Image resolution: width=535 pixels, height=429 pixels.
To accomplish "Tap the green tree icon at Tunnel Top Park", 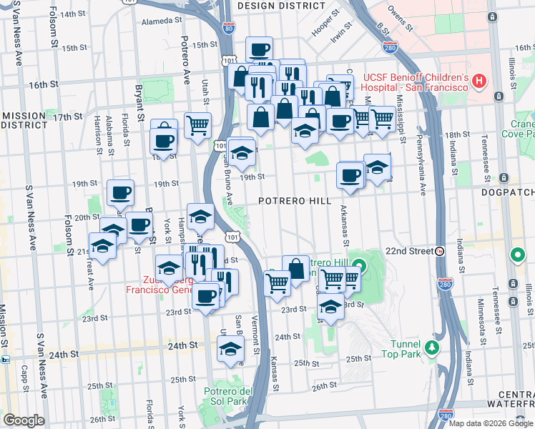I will [431, 348].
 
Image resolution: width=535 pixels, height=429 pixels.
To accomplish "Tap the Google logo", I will [24, 420].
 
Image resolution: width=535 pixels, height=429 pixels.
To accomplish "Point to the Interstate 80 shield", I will [228, 29].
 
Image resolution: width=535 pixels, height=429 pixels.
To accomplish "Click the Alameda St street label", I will [158, 21].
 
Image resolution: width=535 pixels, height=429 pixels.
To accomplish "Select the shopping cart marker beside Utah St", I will [198, 125].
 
